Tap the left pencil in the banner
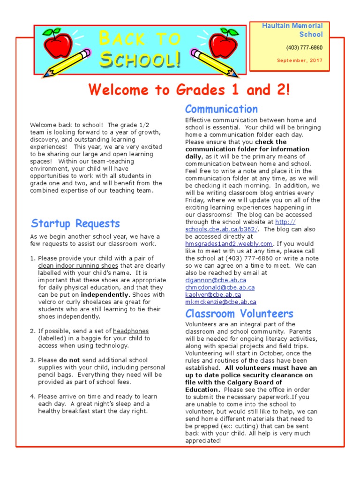[x=67, y=64]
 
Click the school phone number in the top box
[x=304, y=48]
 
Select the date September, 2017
[x=300, y=60]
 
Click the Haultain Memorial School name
[x=292, y=30]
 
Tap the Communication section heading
[x=221, y=109]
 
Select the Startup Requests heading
[x=75, y=224]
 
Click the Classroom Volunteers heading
[x=239, y=314]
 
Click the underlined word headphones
[x=131, y=331]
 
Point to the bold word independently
[x=105, y=295]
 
